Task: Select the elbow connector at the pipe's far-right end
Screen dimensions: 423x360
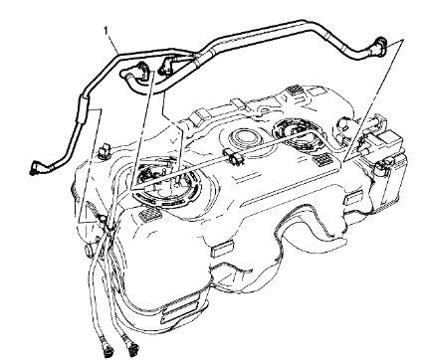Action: pyautogui.click(x=380, y=45)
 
